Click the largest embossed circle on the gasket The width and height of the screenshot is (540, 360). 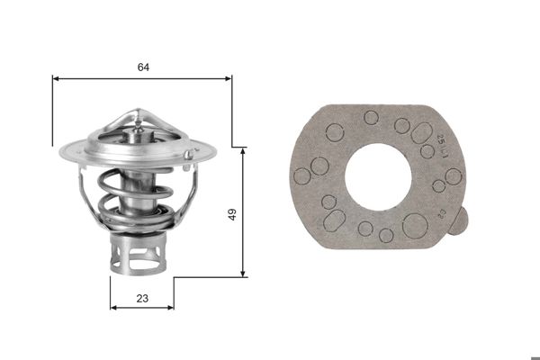click(414, 226)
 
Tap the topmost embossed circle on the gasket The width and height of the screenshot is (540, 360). click(371, 117)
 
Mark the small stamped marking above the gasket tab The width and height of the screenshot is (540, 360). click(441, 213)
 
